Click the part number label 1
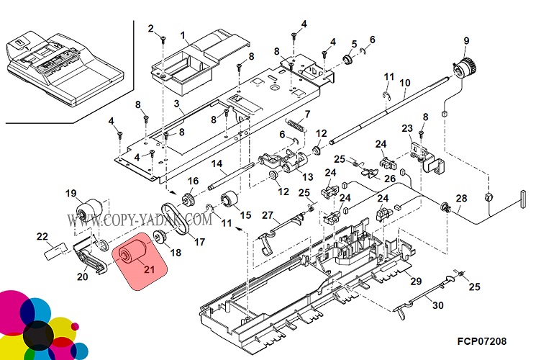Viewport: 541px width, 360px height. [183, 35]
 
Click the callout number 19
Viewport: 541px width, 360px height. [71, 193]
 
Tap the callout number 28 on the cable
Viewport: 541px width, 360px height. [461, 198]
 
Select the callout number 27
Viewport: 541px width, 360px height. [267, 215]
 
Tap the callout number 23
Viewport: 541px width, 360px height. [407, 129]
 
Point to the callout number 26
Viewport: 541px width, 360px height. [389, 179]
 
